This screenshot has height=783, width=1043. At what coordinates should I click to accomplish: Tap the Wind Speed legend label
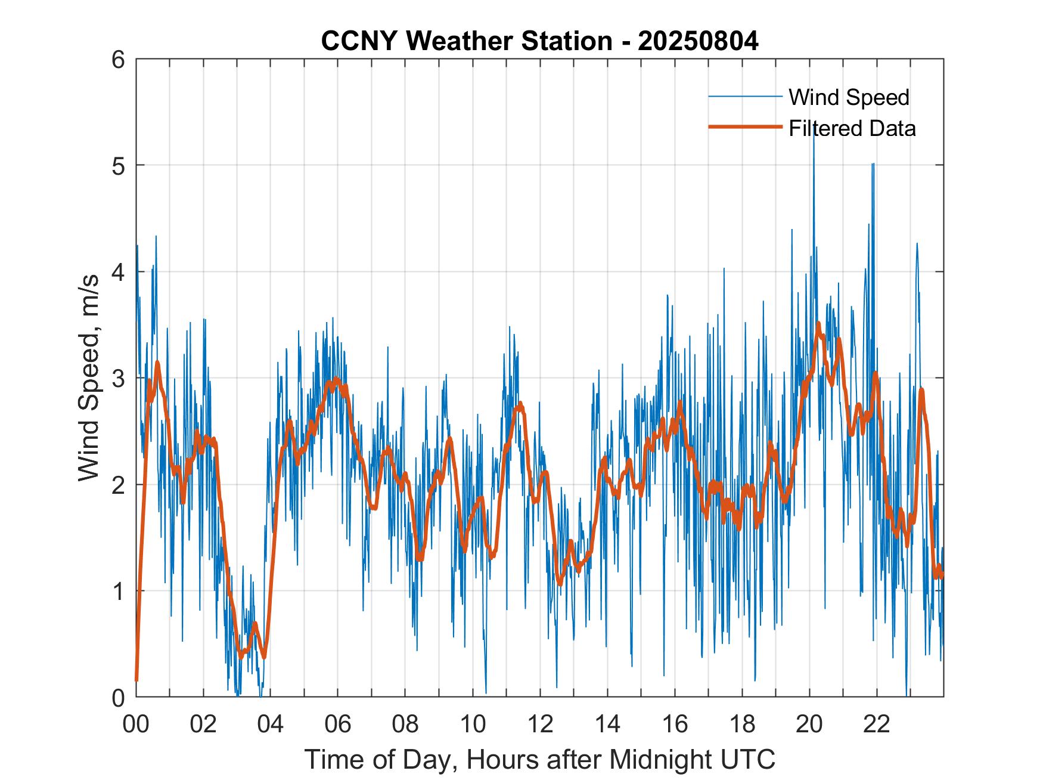(x=849, y=97)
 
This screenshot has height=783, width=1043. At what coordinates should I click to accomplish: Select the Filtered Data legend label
(x=852, y=128)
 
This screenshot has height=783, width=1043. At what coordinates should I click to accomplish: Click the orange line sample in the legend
(x=744, y=127)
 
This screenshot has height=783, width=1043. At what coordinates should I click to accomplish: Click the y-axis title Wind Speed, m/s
(x=89, y=378)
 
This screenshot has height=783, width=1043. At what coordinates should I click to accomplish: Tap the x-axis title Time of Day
(x=539, y=760)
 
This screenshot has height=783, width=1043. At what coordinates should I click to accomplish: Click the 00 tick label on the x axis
(x=136, y=724)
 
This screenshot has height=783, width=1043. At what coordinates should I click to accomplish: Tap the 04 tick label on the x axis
(x=271, y=724)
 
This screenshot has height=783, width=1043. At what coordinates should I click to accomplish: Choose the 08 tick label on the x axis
(x=405, y=724)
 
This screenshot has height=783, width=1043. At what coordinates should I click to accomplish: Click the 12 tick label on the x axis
(x=540, y=724)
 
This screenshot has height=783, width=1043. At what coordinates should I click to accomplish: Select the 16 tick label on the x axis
(x=675, y=724)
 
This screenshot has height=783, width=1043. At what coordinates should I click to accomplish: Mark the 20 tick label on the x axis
(x=809, y=724)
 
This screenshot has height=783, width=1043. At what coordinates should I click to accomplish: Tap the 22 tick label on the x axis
(x=877, y=724)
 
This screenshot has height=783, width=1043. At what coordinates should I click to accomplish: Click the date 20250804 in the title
(x=698, y=41)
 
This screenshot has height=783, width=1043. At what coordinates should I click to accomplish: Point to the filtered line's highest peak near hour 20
(x=818, y=323)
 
